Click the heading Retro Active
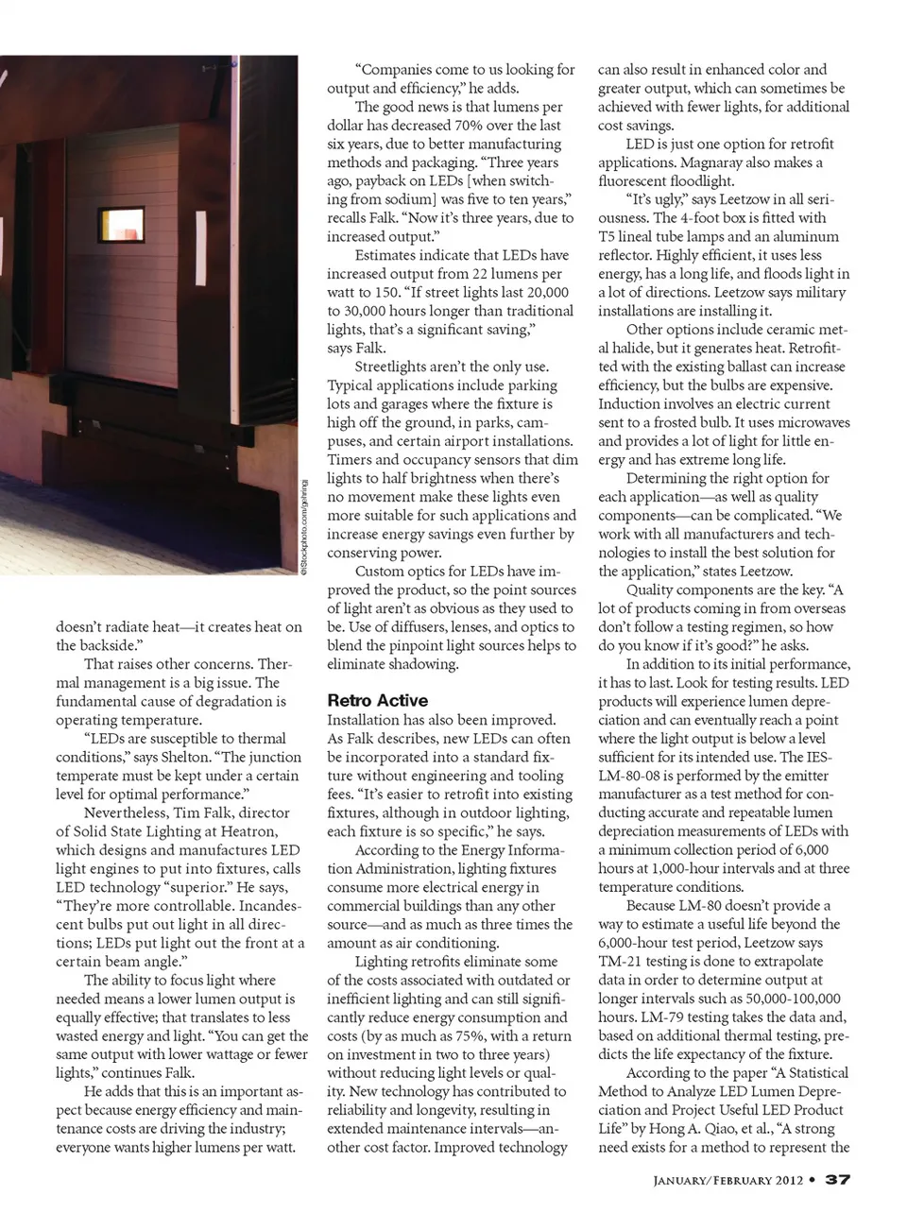pyautogui.click(x=377, y=700)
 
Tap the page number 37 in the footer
pyautogui.click(x=838, y=1180)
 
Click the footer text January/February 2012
pyautogui.click(x=727, y=1180)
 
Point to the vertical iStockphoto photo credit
pyautogui.click(x=304, y=525)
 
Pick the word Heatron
pyautogui.click(x=248, y=831)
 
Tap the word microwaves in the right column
pyautogui.click(x=813, y=422)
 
